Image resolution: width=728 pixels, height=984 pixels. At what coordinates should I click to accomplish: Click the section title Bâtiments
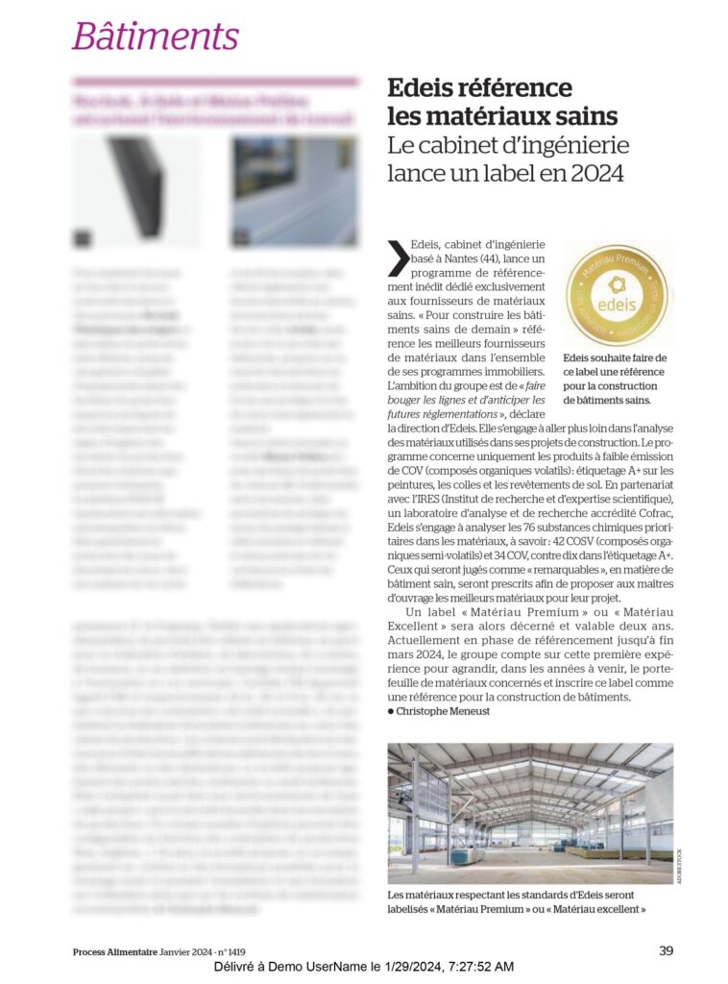pyautogui.click(x=155, y=37)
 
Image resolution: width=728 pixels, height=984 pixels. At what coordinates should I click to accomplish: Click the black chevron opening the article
pyautogui.click(x=397, y=258)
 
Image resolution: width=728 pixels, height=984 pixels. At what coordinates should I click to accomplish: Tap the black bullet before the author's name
pyautogui.click(x=391, y=711)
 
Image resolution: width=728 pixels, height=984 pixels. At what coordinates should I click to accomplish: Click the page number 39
pyautogui.click(x=666, y=951)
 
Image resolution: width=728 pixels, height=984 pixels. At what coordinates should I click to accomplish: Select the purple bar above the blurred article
pyautogui.click(x=214, y=83)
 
